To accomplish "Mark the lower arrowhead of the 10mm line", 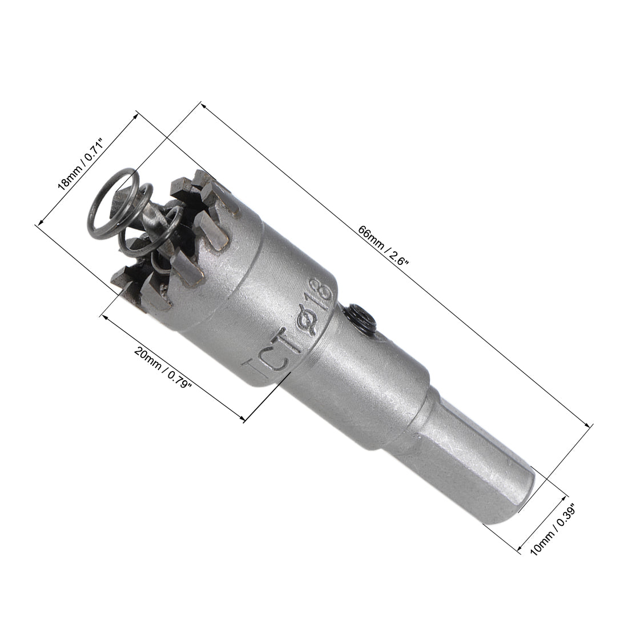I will pos(519,551).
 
